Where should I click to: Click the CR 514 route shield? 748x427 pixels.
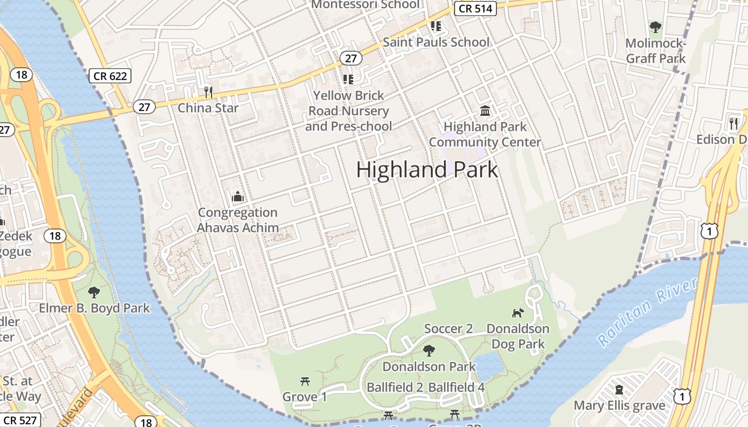476,9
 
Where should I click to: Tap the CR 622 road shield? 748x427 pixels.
110,76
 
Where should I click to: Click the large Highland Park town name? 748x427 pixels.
427,170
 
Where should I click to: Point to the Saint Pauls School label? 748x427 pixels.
436,42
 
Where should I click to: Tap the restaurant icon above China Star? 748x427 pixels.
208,92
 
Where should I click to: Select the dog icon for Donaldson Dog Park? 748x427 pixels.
518,313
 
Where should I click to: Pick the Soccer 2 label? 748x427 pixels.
448,329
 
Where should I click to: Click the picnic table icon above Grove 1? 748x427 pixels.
305,381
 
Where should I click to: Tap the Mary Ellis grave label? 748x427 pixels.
619,406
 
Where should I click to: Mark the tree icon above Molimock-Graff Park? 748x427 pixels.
655,27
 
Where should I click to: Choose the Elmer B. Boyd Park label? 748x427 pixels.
95,309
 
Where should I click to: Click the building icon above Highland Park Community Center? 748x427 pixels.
485,111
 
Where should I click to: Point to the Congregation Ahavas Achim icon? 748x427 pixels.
238,196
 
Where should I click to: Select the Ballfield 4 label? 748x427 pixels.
457,388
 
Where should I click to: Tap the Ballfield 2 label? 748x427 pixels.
395,388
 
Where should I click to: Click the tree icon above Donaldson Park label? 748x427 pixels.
428,351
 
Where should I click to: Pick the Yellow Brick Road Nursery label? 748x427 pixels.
348,111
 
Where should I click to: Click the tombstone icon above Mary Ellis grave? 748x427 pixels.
619,390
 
